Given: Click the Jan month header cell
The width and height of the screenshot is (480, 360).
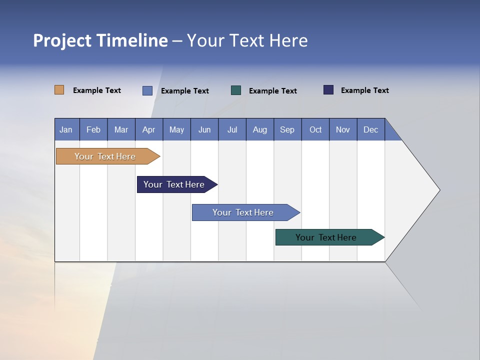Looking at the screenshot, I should coord(66,129).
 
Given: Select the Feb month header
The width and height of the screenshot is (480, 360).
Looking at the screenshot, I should coord(93,129).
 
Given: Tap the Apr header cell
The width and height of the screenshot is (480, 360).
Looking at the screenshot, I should coord(149,129).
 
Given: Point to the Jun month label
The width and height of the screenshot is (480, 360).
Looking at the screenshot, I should coord(204,129).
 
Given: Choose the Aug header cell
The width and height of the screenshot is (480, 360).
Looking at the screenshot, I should coord(260,129).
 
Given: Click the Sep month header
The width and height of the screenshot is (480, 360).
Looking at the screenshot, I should coord(287,129).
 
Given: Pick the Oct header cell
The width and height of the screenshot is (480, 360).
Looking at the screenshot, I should coord(315,129).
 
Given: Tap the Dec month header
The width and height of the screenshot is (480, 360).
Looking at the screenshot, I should coord(371,129).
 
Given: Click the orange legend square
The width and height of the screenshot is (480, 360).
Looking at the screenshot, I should coord(59,90).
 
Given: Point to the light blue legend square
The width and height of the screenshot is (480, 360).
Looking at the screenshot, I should coord(147,90).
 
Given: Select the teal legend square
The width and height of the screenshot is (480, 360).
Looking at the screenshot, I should coord(236,90).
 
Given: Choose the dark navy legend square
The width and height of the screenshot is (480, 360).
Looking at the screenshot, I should coord(328,90).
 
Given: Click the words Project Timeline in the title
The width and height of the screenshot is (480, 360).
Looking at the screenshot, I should coord(100,40).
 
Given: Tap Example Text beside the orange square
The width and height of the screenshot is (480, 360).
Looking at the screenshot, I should coord(97,90).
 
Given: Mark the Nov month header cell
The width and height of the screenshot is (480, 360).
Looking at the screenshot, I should coord(343,129).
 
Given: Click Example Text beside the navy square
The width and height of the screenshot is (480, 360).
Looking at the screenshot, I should coord(365,90).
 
